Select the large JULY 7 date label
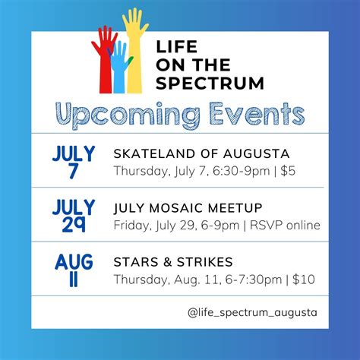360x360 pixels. tap(74, 162)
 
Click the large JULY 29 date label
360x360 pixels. tap(74, 215)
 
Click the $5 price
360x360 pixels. tap(286, 171)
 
